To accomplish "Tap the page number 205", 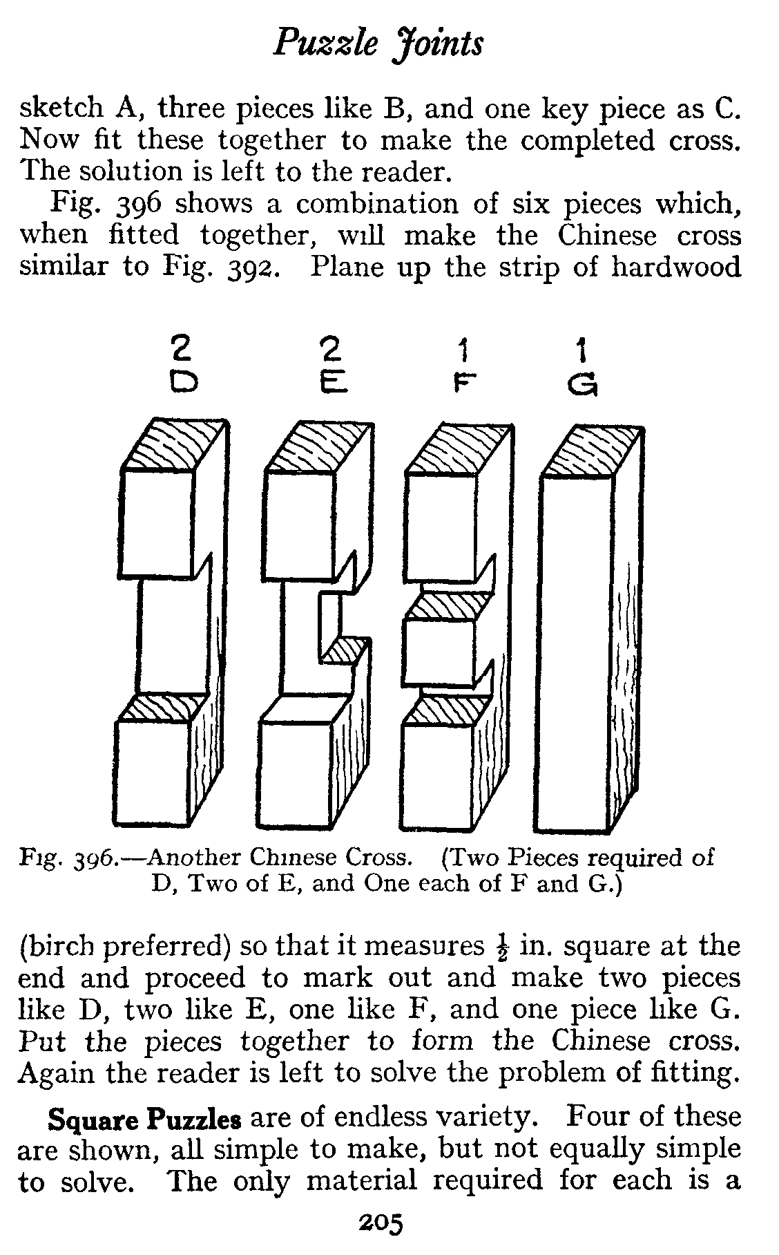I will pos(380,1224).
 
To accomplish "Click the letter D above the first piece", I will pos(184,382).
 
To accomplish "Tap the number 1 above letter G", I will pos(582,353).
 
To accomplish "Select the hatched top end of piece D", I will pos(175,445).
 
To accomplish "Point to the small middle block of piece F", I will pos(439,650).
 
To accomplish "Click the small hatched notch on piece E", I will pos(345,650).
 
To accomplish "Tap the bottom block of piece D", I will pos(154,773).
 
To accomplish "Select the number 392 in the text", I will pos(252,267).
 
